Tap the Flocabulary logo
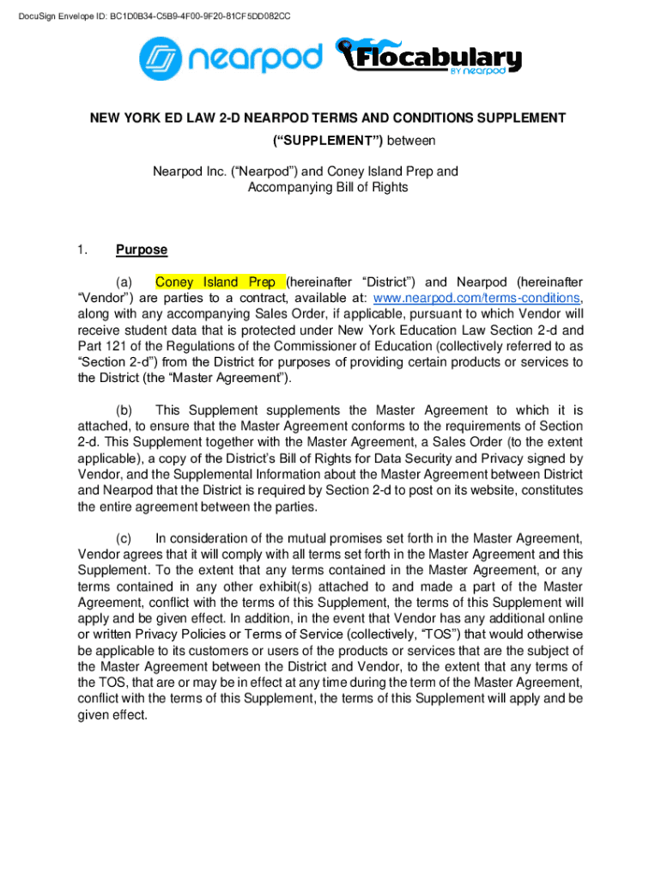tap(429, 58)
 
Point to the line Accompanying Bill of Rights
tap(328, 187)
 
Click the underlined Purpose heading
tap(142, 251)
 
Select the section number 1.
tap(82, 251)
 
